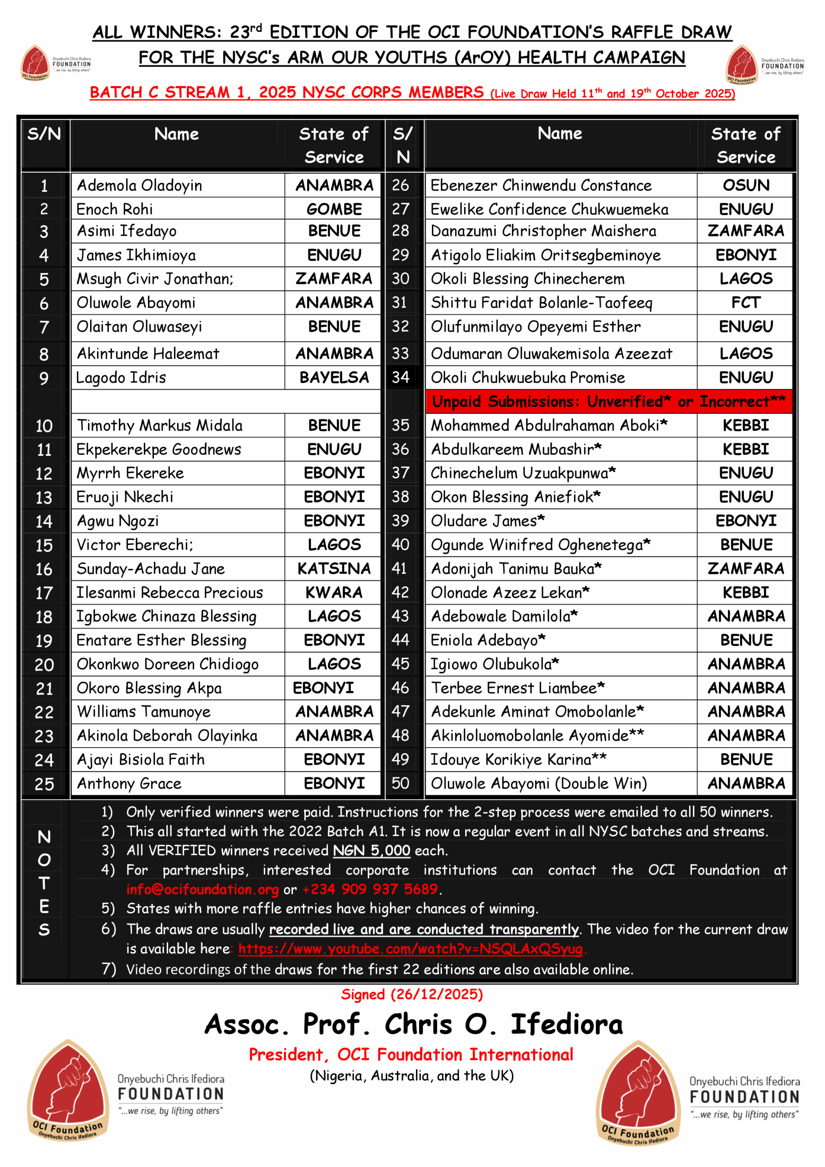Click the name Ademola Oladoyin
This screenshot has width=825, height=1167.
click(x=139, y=186)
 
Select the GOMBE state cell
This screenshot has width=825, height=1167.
click(x=334, y=209)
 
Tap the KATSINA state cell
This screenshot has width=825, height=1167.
click(x=334, y=568)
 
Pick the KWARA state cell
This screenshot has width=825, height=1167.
click(x=334, y=592)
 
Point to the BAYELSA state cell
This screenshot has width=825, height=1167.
click(x=334, y=377)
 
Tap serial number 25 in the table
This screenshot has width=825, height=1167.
click(x=44, y=784)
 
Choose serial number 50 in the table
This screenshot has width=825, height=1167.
click(x=400, y=783)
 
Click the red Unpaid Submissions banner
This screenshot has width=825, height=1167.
click(x=608, y=402)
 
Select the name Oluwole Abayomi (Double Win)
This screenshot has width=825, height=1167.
click(x=538, y=783)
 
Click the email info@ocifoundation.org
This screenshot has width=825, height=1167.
click(x=202, y=889)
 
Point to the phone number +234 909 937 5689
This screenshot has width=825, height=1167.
click(x=370, y=889)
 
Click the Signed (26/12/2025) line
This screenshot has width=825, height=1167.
click(x=412, y=994)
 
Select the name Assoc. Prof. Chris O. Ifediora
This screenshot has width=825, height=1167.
click(x=413, y=1024)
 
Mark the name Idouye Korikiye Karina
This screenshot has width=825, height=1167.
click(x=511, y=759)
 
